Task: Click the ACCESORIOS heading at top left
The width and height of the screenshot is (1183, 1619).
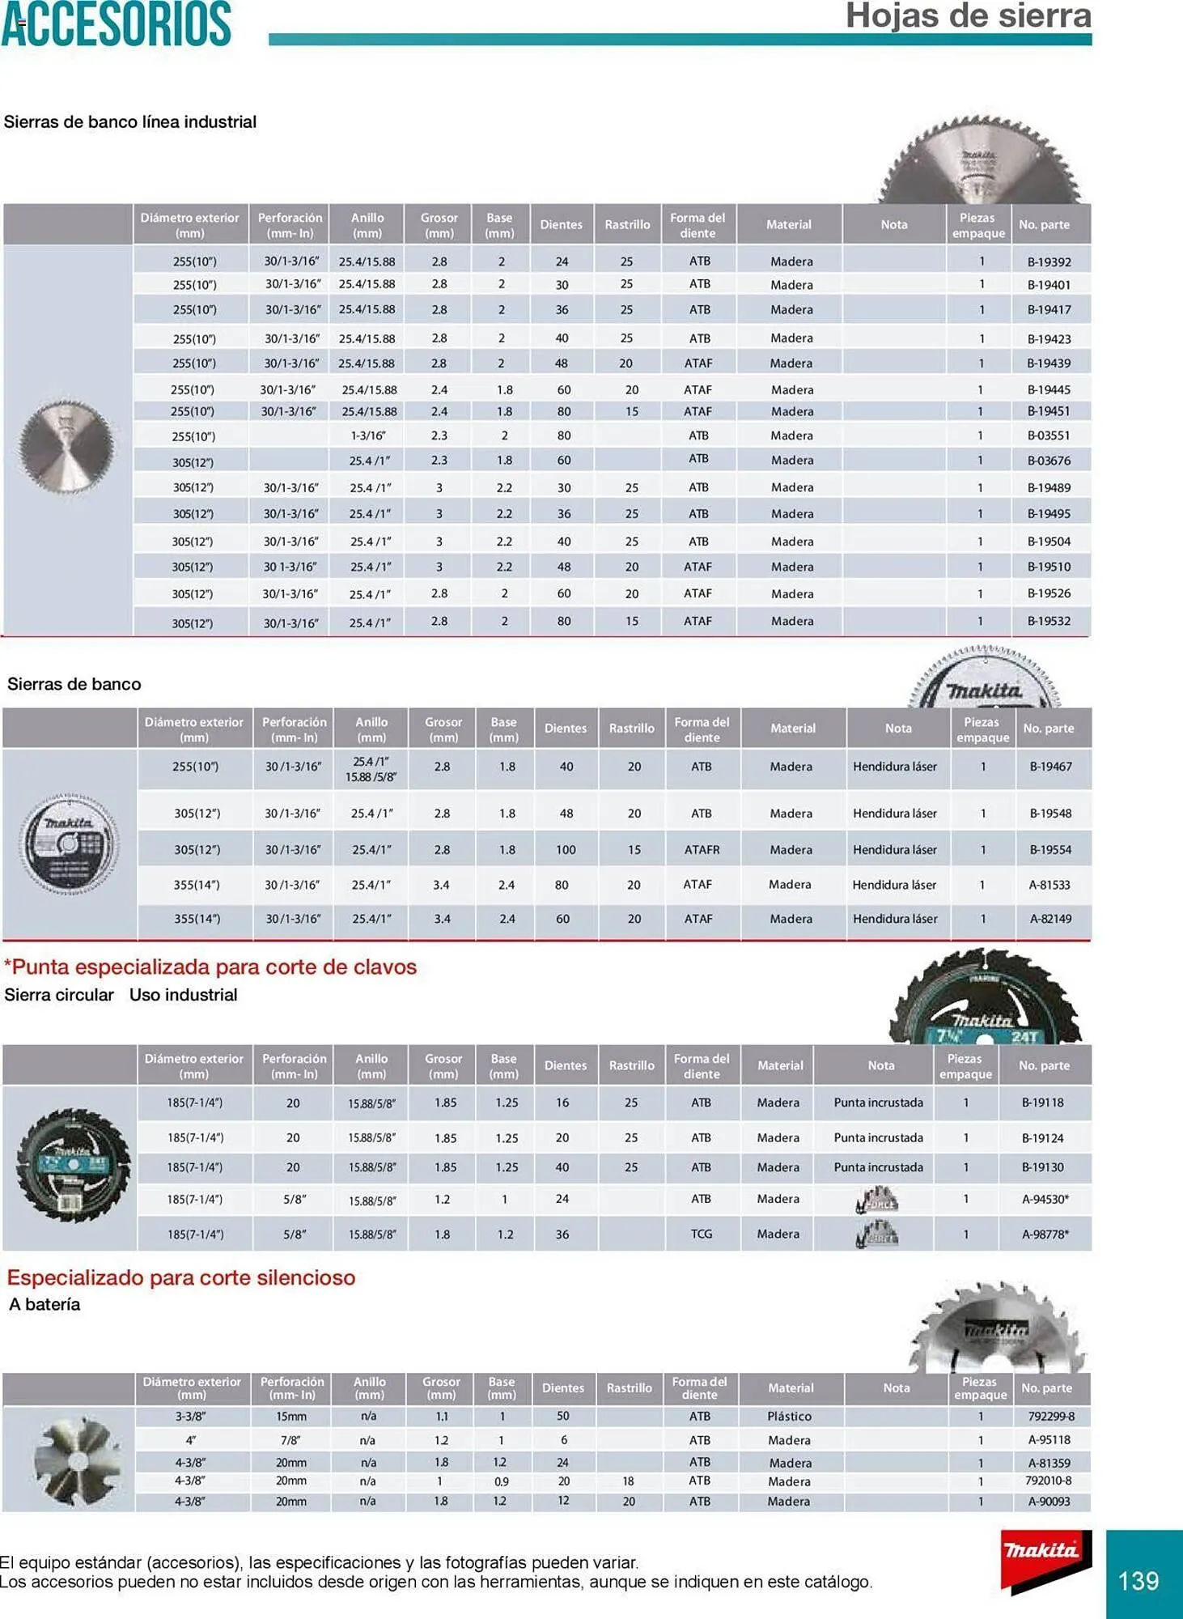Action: (x=117, y=24)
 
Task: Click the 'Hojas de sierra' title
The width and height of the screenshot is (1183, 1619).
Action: (x=968, y=16)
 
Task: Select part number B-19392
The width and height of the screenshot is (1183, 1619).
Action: (x=1049, y=261)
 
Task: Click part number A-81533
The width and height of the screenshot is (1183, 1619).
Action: (x=1049, y=885)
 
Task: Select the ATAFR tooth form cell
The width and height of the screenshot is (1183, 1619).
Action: (x=701, y=850)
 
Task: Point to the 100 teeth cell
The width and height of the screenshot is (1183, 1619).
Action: (x=565, y=850)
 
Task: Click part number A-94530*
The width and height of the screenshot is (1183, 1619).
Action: (x=1045, y=1199)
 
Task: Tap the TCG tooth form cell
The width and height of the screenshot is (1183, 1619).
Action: (x=701, y=1234)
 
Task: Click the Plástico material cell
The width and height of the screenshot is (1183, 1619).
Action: (x=789, y=1417)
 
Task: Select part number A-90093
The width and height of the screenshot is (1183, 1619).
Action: (x=1049, y=1502)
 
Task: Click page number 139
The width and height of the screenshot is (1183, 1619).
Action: (x=1138, y=1580)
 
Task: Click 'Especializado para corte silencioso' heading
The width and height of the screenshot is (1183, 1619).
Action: (x=181, y=1277)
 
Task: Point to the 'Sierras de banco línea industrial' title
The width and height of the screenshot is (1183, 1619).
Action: (x=130, y=122)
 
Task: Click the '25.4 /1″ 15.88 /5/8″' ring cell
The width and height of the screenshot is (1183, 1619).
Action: (x=371, y=769)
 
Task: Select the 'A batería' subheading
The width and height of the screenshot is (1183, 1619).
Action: (x=45, y=1304)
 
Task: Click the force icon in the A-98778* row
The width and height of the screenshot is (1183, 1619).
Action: (x=877, y=1234)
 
